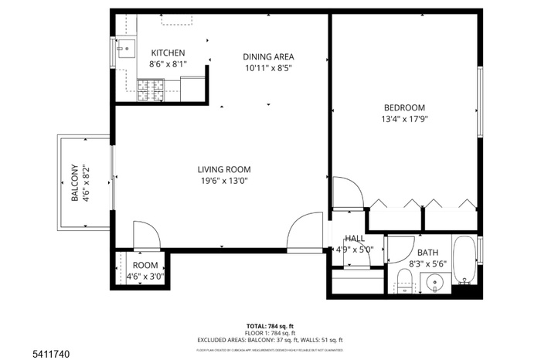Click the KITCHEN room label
(168, 53)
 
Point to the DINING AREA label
(268, 56)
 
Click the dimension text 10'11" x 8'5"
(268, 67)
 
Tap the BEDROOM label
(404, 107)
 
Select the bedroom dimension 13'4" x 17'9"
(404, 119)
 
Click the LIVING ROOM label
(223, 169)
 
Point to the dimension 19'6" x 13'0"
(223, 181)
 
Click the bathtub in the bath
(464, 259)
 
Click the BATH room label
(427, 253)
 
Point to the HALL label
(355, 239)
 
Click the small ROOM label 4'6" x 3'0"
(145, 264)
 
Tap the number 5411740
(26, 352)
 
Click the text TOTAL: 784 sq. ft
(270, 325)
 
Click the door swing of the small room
(147, 233)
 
